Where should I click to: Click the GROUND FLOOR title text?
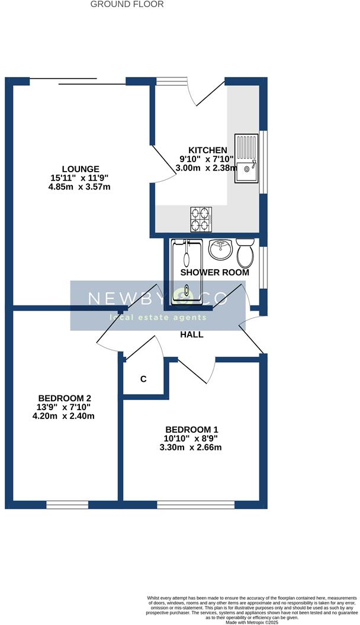(127, 4)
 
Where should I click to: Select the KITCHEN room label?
(208, 150)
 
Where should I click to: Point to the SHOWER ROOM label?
(214, 273)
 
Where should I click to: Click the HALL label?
(192, 334)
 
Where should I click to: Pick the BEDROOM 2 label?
(65, 398)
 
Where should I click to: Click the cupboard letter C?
(143, 379)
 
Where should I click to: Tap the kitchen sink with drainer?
(246, 156)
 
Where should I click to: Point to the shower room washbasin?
(221, 249)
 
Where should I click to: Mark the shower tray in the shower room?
(187, 272)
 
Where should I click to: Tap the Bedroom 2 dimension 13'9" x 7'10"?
(65, 407)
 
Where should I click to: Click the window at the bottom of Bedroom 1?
(195, 505)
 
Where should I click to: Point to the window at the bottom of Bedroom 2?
(67, 505)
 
